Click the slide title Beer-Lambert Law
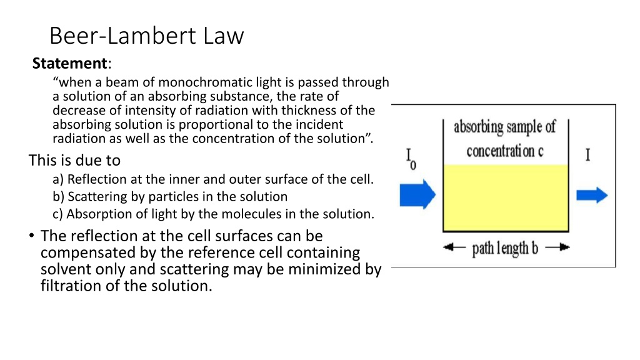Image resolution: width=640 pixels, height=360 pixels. [146, 36]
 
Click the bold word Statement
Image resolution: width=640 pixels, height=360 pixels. [69, 63]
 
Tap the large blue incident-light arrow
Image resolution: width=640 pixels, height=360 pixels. [417, 194]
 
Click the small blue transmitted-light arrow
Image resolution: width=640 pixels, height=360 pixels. [592, 195]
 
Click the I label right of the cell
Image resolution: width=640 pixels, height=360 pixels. [587, 155]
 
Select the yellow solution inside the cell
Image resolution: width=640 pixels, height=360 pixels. [506, 197]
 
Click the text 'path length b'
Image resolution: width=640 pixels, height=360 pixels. [505, 248]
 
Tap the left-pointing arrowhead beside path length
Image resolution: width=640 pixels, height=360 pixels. [449, 247]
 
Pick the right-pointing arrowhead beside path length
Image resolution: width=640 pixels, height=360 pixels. [564, 247]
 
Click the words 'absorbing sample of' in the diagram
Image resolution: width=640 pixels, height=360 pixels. [504, 127]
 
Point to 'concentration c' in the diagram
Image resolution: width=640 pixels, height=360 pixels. [505, 151]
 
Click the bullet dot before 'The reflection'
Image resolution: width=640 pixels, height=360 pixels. [31, 236]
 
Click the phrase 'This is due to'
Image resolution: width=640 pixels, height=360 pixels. [74, 161]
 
